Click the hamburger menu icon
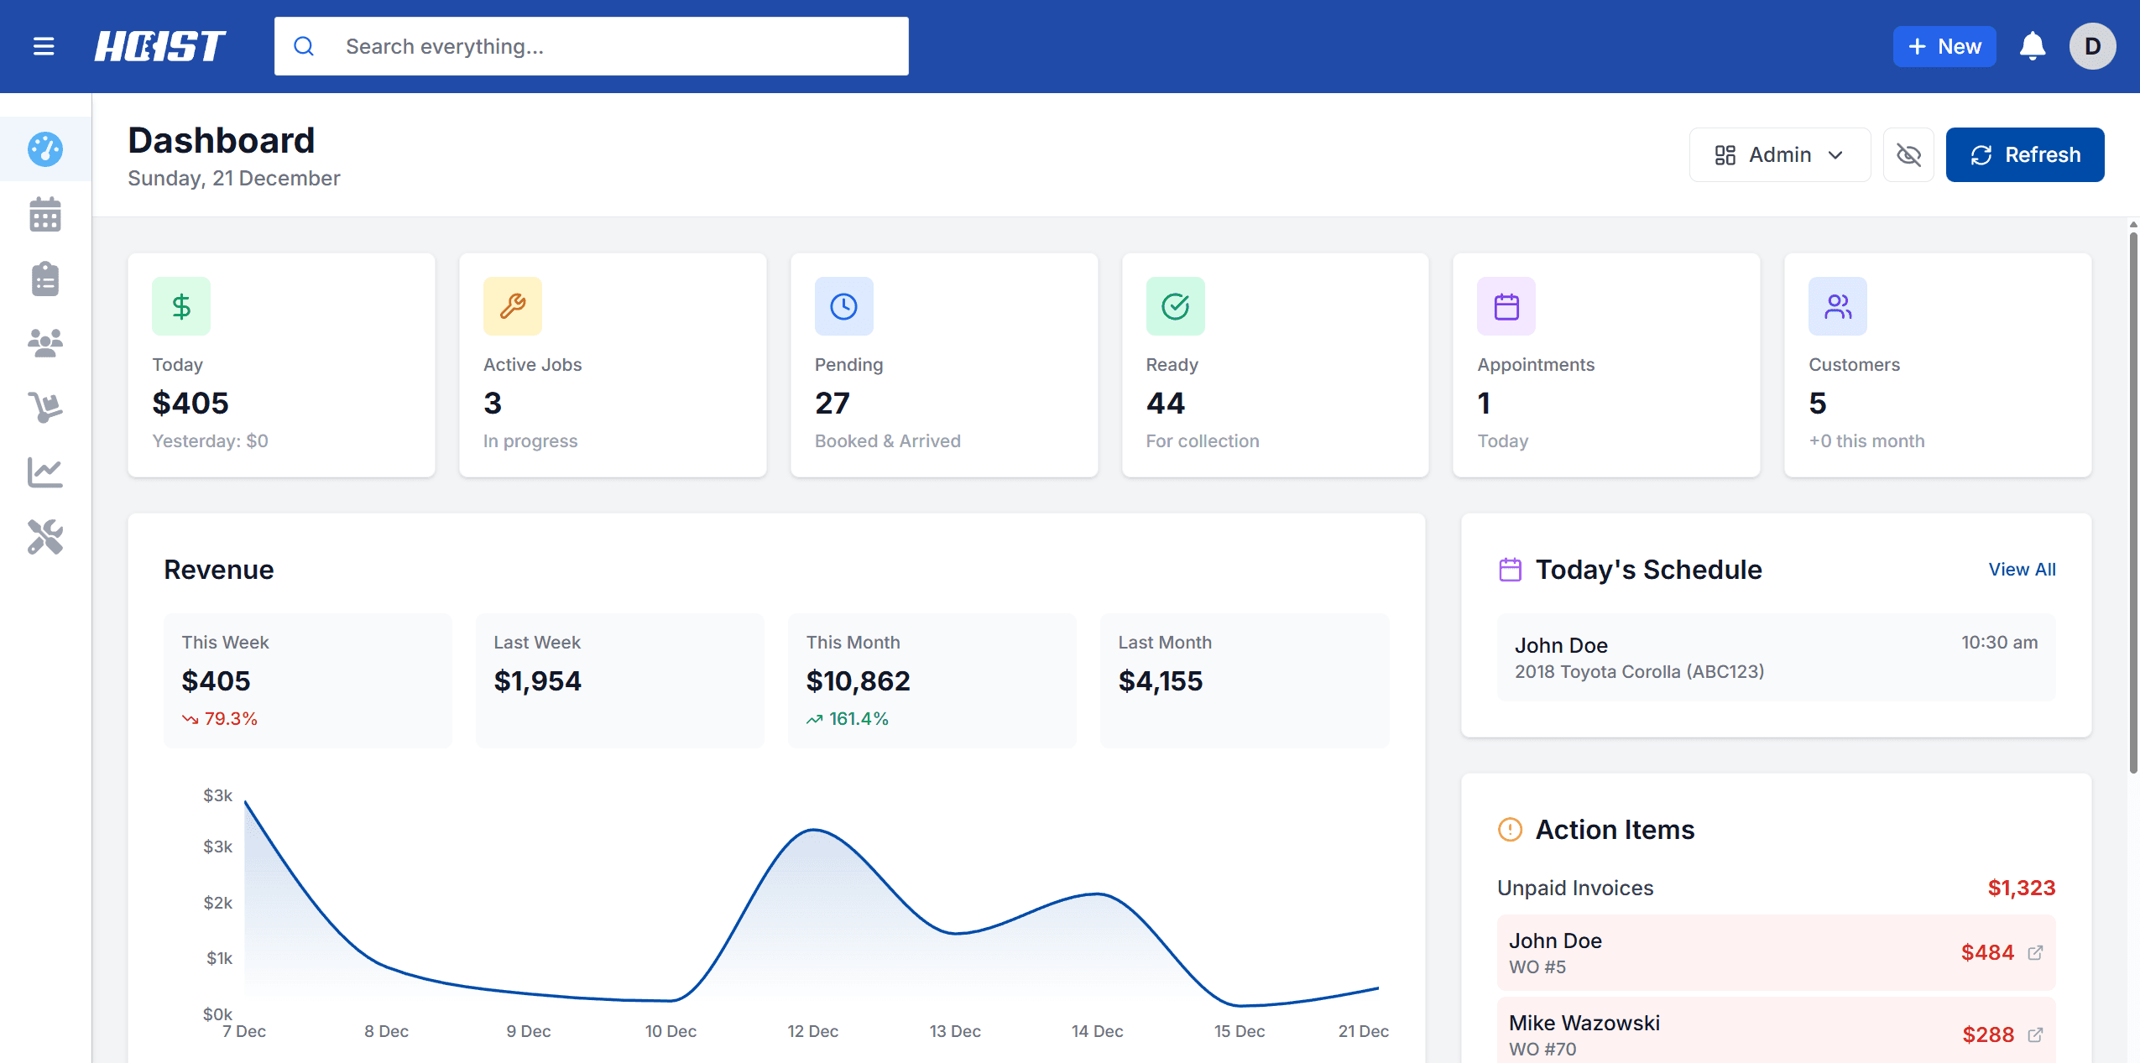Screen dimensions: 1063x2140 44,46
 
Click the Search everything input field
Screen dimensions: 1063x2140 591,46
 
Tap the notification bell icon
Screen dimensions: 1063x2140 2032,46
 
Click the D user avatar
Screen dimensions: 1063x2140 2092,46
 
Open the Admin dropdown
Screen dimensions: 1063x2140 1779,155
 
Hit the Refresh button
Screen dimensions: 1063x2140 2024,155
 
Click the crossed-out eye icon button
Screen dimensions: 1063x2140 1908,155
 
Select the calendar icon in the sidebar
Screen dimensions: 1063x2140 45,215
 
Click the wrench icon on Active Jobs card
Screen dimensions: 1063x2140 512,306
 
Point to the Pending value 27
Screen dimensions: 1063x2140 832,404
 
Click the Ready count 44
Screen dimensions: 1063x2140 1165,404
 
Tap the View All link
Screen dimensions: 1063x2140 2022,570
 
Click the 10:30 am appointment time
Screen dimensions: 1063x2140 1999,643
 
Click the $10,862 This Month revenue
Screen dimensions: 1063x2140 858,681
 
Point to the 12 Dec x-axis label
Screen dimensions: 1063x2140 812,1031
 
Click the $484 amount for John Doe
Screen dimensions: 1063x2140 1986,952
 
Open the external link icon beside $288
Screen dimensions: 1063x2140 2035,1034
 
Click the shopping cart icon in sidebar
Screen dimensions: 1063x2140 45,408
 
